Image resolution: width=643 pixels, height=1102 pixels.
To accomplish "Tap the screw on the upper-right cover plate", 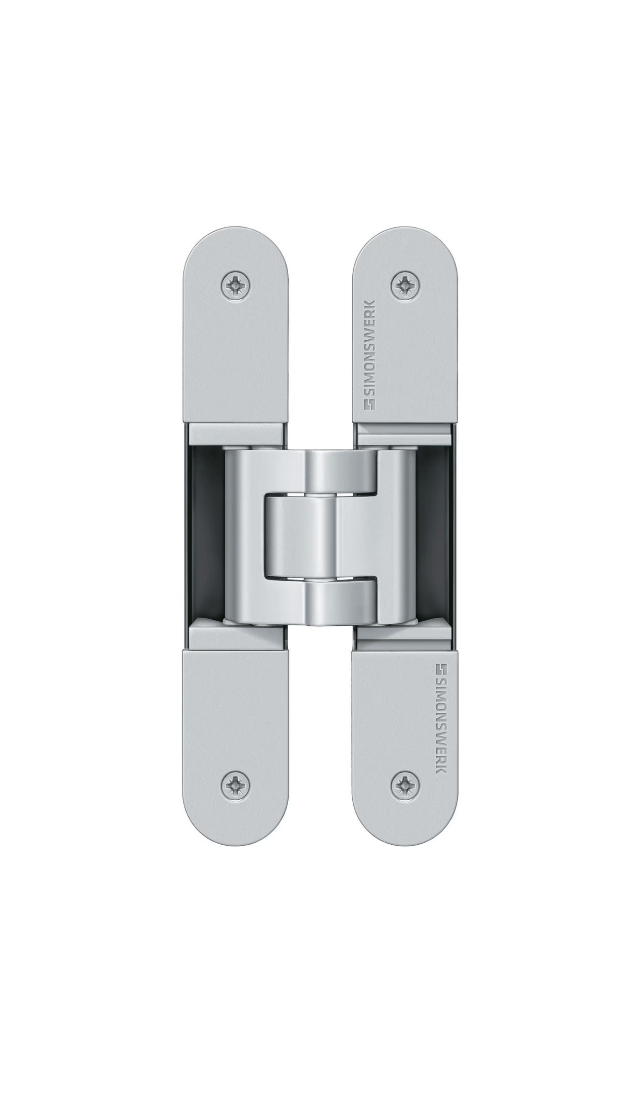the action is (405, 287).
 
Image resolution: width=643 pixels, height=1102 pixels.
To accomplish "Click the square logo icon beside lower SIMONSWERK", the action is (441, 669).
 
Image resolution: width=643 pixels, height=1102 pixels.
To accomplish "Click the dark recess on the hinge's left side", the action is (204, 536).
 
